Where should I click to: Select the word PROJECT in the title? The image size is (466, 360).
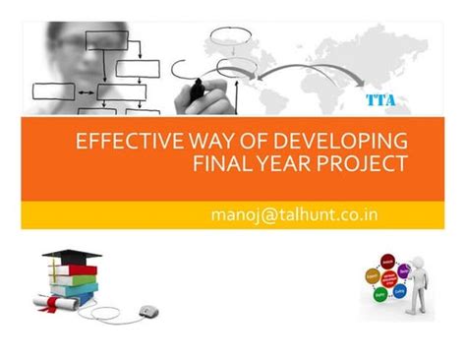[363, 161]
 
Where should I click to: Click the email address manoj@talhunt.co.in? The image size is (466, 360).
[295, 213]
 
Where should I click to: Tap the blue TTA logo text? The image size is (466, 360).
[381, 99]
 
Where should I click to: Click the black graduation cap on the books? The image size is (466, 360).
[71, 257]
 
